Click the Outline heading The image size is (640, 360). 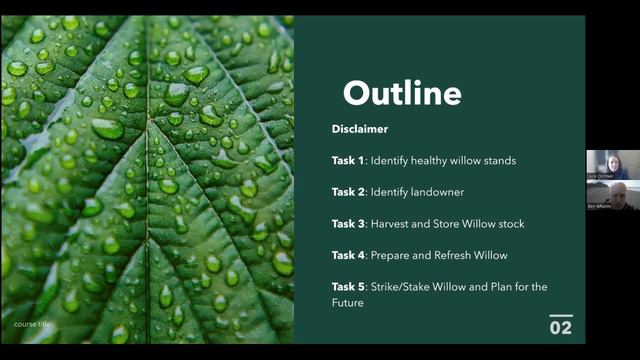[402, 93]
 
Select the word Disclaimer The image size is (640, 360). [360, 129]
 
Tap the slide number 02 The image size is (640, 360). [561, 327]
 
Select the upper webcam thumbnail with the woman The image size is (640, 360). [607, 165]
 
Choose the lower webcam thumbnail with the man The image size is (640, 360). [607, 195]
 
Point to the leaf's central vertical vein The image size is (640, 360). [150, 200]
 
